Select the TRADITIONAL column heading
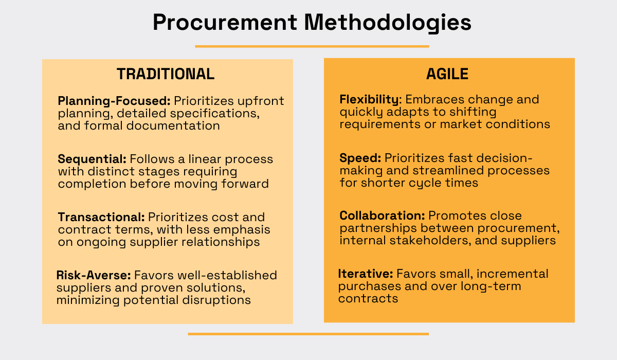point(166,74)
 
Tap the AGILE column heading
point(447,74)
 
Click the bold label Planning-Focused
point(114,101)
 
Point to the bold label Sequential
point(92,159)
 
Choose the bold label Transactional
point(101,217)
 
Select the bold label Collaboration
point(382,215)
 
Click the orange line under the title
point(312,46)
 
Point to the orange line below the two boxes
point(308,334)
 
